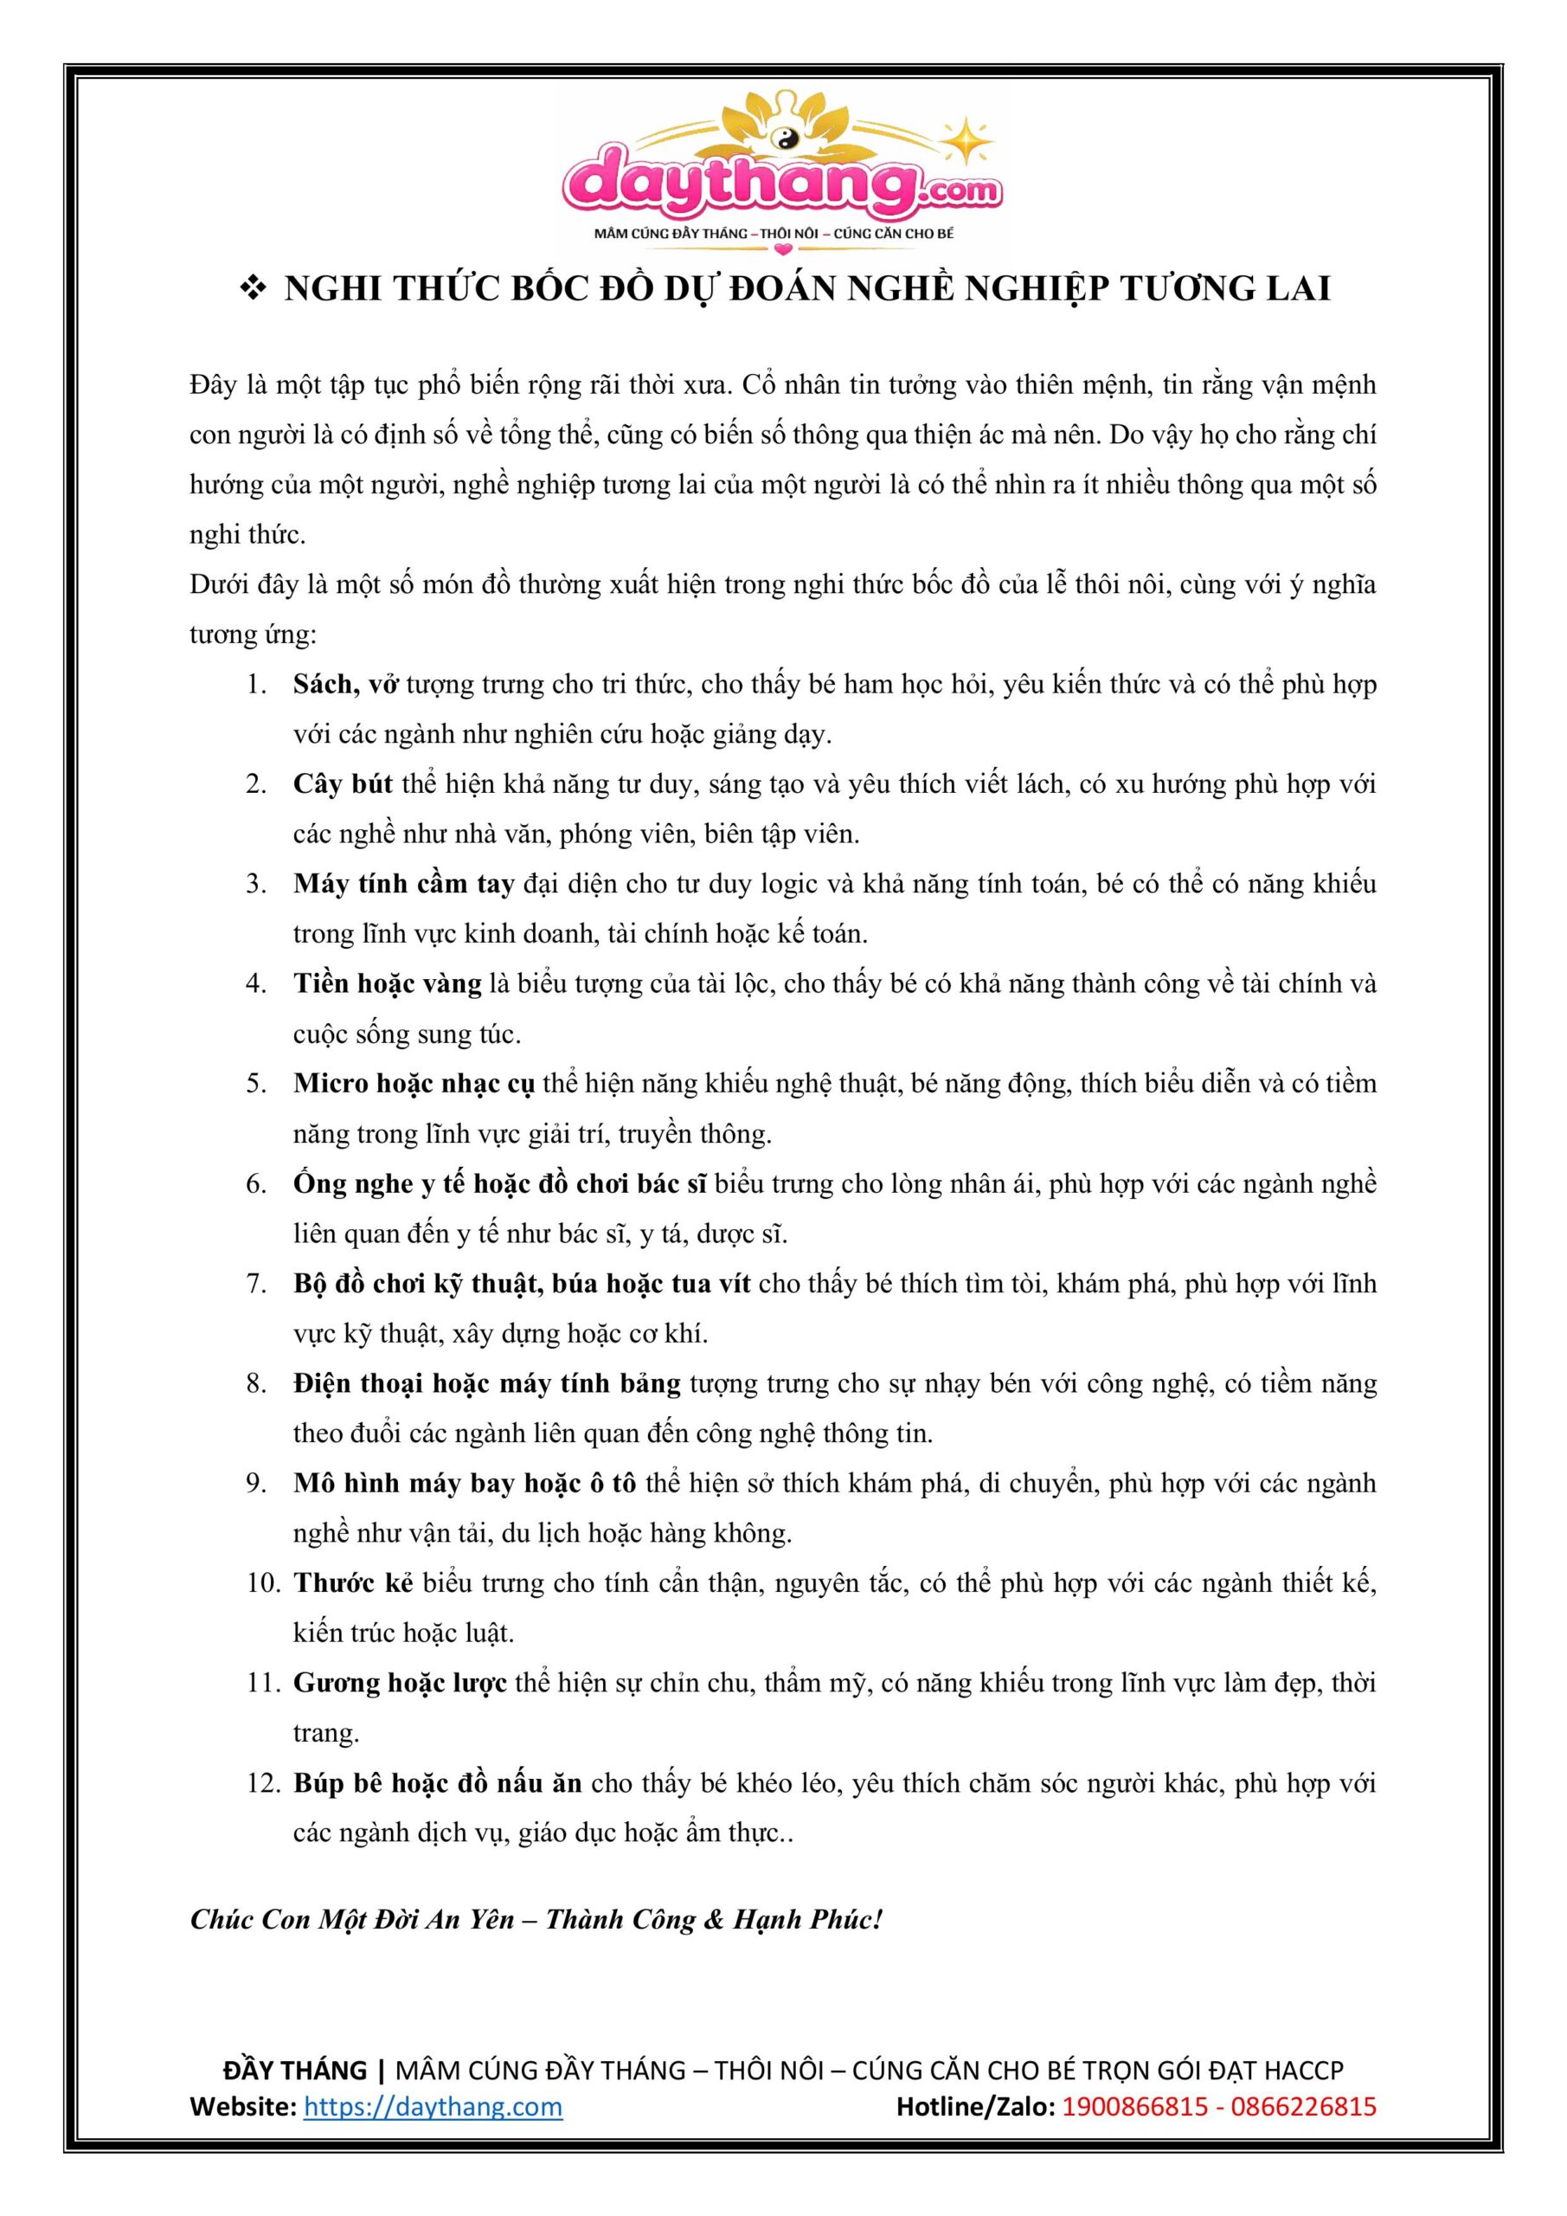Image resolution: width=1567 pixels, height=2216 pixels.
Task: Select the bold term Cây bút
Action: point(343,784)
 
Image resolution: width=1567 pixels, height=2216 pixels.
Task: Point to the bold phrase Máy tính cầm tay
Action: point(403,884)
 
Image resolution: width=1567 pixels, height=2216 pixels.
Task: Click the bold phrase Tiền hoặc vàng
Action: point(387,984)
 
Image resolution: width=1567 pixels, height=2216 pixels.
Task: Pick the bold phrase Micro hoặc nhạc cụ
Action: point(414,1084)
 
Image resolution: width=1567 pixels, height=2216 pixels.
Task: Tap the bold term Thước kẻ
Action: point(353,1584)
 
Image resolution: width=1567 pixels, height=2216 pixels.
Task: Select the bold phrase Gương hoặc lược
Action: point(401,1684)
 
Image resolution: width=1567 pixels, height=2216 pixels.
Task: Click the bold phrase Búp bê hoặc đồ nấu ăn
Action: point(437,1783)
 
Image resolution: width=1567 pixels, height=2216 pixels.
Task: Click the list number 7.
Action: point(256,1285)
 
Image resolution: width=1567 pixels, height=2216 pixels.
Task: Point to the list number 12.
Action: point(261,1783)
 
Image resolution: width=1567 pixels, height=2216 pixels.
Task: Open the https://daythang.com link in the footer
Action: point(433,2107)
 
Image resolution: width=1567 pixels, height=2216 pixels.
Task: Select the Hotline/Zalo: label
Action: point(975,2107)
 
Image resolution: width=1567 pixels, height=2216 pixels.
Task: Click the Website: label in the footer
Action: point(242,2107)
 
